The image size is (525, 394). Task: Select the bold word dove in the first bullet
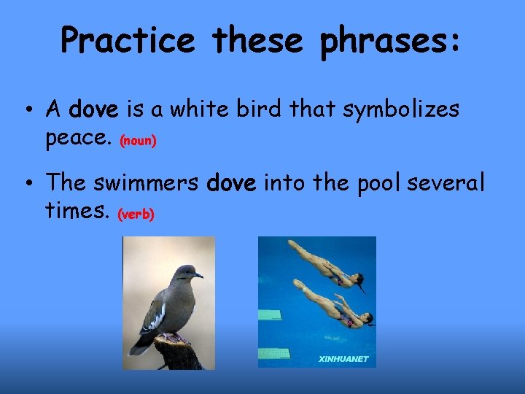(x=93, y=109)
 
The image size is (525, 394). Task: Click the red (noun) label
(x=138, y=140)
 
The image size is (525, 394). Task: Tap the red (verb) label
(x=136, y=215)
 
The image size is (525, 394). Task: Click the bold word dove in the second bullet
(x=231, y=184)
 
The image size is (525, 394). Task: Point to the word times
(x=77, y=211)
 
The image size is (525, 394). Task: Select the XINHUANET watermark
(x=344, y=359)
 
